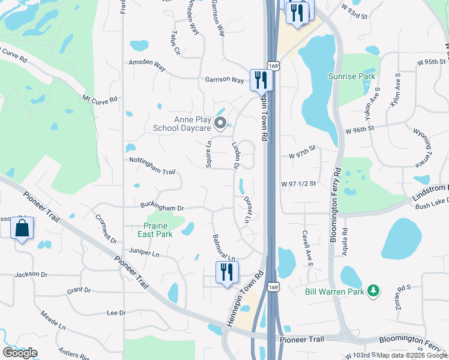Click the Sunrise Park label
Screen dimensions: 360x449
352,76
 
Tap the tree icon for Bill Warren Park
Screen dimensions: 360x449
374,291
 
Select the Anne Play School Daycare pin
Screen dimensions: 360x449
220,124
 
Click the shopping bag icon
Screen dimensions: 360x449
22,229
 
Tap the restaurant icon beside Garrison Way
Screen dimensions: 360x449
261,79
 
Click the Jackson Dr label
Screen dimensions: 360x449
31,274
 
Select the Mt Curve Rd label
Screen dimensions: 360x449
100,100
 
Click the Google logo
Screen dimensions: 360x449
20,353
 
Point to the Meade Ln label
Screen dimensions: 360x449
53,319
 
